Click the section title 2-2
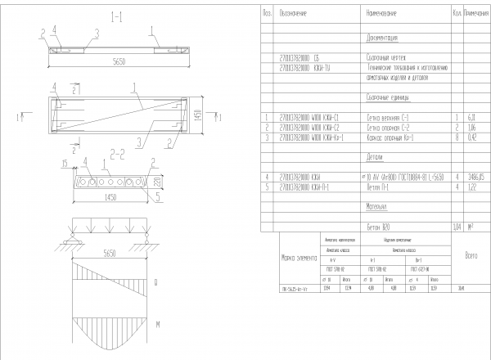click(x=117, y=152)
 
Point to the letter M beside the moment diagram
click(x=155, y=326)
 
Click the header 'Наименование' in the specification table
click(x=381, y=14)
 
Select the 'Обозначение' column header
click(x=293, y=14)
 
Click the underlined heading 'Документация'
click(x=381, y=38)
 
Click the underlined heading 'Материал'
click(x=377, y=206)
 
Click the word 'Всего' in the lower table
click(x=470, y=257)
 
